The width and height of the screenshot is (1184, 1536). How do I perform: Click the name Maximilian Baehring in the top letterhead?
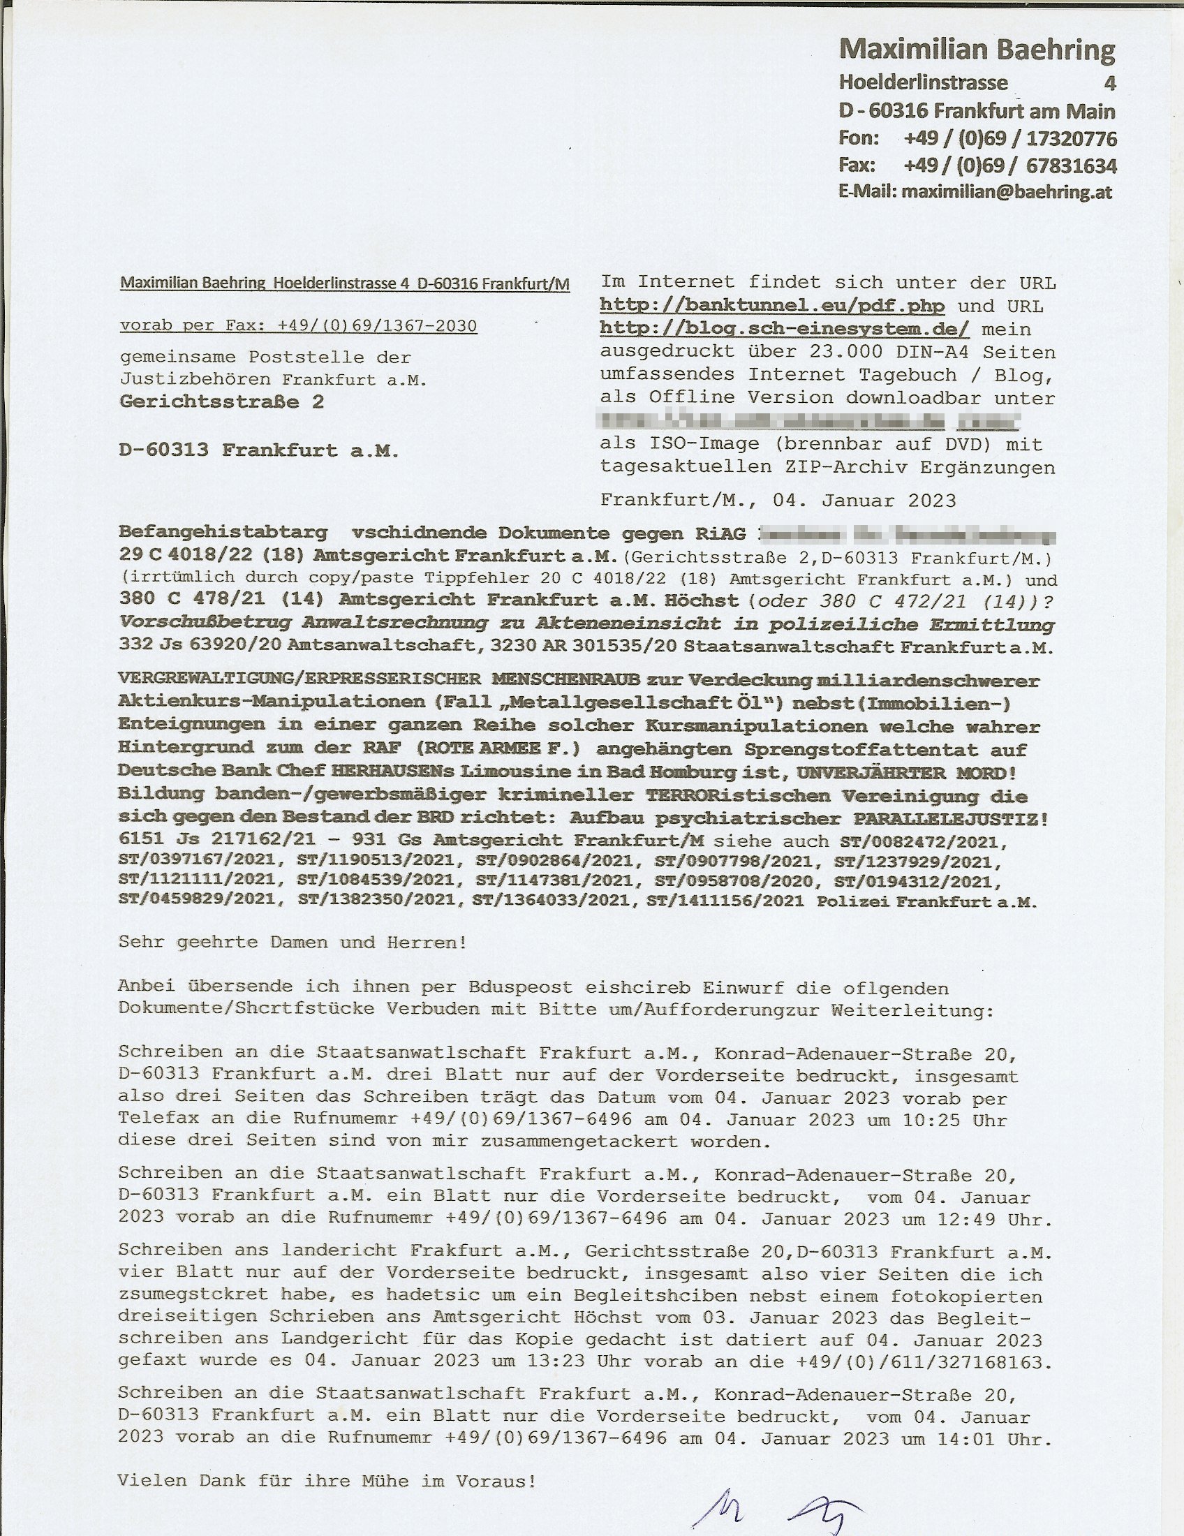[x=977, y=50]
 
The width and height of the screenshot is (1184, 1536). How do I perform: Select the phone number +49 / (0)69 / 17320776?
[x=1010, y=138]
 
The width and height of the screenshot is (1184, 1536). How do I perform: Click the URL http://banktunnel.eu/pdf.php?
[x=772, y=306]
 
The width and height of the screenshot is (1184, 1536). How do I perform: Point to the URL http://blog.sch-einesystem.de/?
[x=785, y=329]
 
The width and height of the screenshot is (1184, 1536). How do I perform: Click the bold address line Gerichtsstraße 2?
[x=221, y=402]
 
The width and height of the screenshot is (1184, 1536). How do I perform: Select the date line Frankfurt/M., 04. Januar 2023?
[x=778, y=501]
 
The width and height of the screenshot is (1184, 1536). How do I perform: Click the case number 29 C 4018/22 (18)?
[x=212, y=555]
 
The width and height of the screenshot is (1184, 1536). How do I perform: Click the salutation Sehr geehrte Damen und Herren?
[x=293, y=943]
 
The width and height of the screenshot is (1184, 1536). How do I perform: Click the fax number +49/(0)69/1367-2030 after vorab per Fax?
[x=377, y=326]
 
